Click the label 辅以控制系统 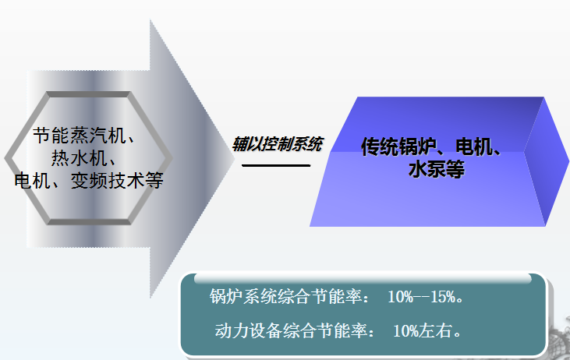click(277, 144)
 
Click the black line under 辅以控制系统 click(276, 165)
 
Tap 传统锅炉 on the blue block click(398, 146)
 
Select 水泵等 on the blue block click(436, 169)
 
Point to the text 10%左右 click(427, 330)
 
